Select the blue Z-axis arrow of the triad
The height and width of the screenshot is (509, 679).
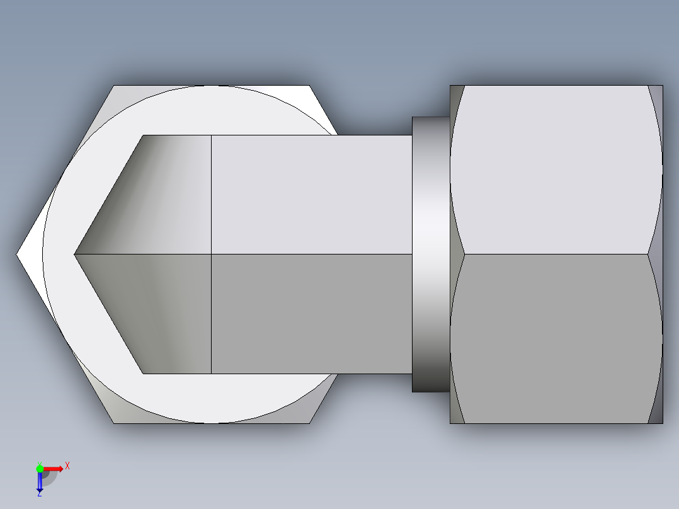40,482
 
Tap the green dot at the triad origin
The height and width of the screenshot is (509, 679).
40,468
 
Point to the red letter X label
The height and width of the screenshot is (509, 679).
67,466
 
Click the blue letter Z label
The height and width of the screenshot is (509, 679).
39,494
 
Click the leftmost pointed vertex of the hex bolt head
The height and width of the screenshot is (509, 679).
17,254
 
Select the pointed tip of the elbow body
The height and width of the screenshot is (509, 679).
75,254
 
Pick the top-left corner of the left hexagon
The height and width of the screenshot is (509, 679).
114,86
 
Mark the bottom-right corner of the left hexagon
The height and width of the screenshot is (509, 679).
309,423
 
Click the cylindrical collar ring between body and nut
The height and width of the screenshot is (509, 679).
431,254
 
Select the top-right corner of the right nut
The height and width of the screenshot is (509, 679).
663,86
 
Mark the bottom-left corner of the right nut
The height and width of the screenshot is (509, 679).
450,423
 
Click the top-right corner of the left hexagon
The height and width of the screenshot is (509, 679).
309,86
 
